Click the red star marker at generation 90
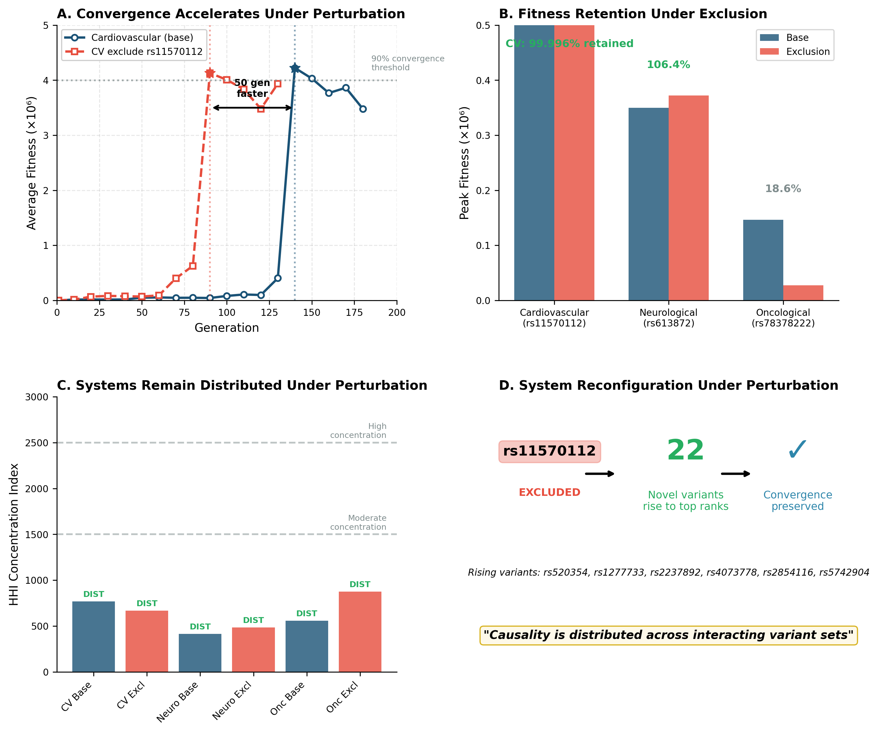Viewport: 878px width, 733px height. pyautogui.click(x=210, y=74)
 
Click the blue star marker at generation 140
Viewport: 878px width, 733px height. pyautogui.click(x=295, y=68)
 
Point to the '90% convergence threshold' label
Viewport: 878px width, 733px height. pyautogui.click(x=408, y=63)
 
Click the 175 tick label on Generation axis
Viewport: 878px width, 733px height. pyautogui.click(x=354, y=312)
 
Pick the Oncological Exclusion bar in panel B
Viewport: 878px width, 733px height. pyautogui.click(x=803, y=293)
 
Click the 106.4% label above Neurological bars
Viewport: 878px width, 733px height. pyautogui.click(x=668, y=65)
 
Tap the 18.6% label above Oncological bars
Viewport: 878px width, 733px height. pyautogui.click(x=783, y=189)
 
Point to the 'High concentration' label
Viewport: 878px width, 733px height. pyautogui.click(x=358, y=431)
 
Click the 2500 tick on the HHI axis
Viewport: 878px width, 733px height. pyautogui.click(x=37, y=443)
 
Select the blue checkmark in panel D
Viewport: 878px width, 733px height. pyautogui.click(x=797, y=450)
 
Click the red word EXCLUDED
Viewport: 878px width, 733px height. pyautogui.click(x=549, y=492)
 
